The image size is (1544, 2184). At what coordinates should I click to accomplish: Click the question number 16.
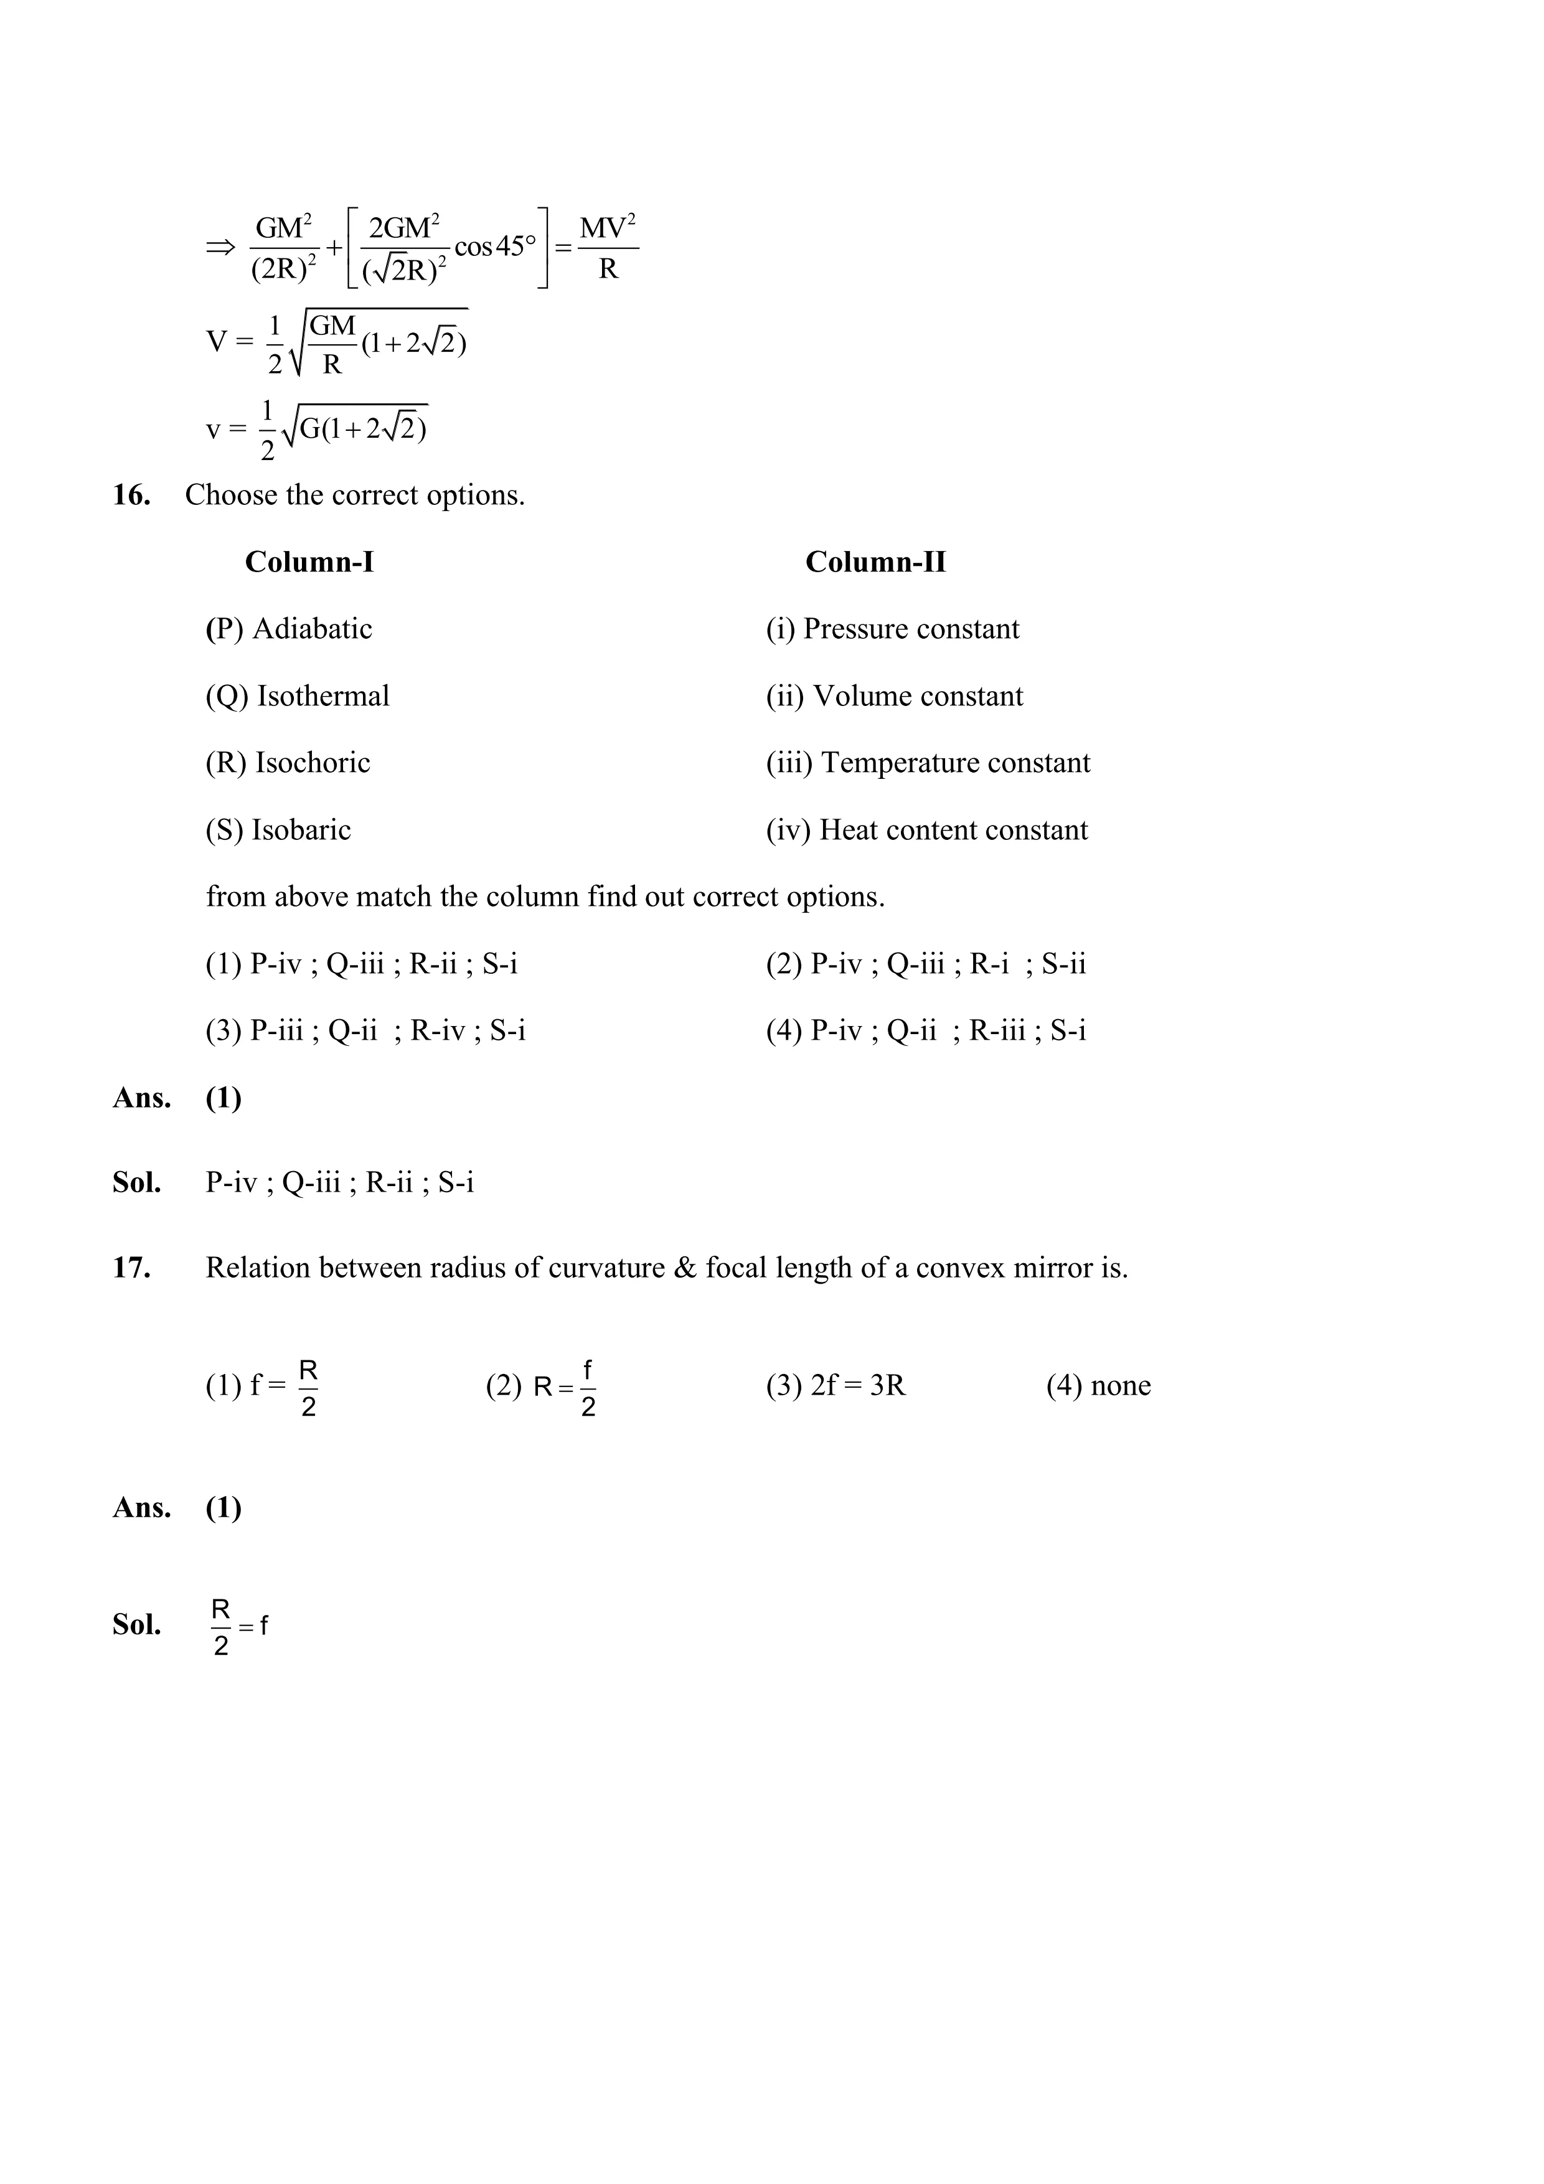point(131,496)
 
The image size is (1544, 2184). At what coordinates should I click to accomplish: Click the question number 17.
point(131,1268)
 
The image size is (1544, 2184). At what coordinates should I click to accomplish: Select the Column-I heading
point(309,562)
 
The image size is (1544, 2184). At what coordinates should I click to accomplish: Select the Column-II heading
point(875,562)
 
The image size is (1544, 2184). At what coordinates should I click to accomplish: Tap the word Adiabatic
point(312,629)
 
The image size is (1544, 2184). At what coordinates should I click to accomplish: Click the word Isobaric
point(301,831)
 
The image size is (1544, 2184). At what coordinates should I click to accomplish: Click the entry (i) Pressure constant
point(892,629)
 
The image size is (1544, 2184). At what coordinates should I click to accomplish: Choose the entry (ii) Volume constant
point(894,696)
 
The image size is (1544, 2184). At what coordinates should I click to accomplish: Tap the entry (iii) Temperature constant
point(928,763)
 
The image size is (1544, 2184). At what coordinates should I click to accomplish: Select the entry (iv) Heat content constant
point(926,831)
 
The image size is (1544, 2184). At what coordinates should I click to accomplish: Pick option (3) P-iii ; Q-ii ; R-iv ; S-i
point(365,1031)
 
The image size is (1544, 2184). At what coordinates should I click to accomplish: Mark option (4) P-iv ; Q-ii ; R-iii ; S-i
point(926,1031)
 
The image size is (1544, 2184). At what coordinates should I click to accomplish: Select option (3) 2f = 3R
point(836,1386)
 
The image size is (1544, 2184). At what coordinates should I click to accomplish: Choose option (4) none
point(1098,1386)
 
